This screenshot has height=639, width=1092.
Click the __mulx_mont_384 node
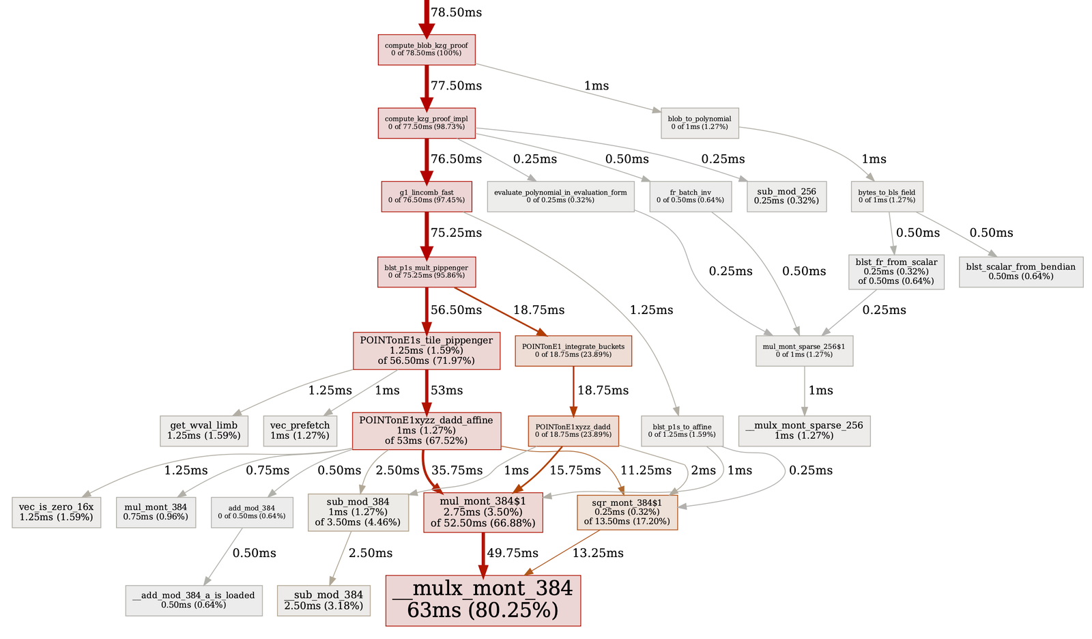coord(483,600)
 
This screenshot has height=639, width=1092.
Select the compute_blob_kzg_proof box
coord(427,50)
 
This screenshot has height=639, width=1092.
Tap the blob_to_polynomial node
coord(700,123)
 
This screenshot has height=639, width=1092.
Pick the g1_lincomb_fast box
coord(427,197)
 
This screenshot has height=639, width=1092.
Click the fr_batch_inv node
coord(691,197)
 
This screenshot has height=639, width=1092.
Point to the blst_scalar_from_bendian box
coord(1021,272)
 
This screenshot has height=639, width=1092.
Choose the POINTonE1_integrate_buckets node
coord(573,351)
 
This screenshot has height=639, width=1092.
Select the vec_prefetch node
coord(300,430)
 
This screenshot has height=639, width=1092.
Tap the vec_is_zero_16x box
coord(57,512)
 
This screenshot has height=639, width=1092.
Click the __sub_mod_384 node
coord(324,600)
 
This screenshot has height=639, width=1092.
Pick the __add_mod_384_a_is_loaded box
coord(194,600)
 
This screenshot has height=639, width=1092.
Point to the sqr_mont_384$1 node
coord(627,512)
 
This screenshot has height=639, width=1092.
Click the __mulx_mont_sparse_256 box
coord(805,430)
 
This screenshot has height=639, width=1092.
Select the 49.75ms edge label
coord(513,553)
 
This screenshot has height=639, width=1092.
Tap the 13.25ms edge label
coord(598,553)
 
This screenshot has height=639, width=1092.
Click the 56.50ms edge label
coord(456,310)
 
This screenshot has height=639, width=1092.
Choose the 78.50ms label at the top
coord(457,13)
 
